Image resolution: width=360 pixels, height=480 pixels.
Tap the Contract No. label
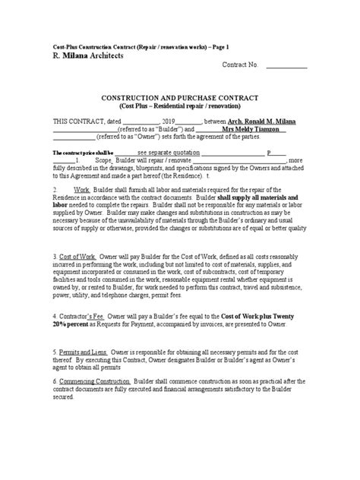tap(241, 65)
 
